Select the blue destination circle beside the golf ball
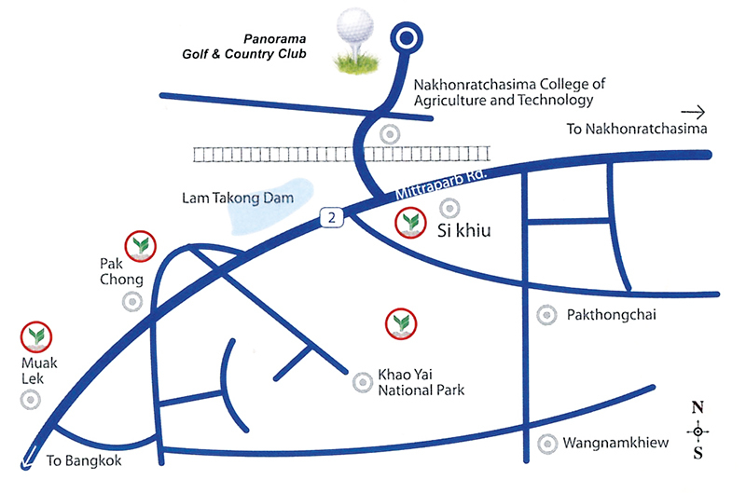point(406,37)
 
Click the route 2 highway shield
point(332,217)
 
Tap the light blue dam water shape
point(267,205)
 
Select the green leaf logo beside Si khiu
point(409,222)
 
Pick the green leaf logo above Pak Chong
point(141,245)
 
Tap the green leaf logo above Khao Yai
point(401,322)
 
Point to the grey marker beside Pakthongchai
point(545,316)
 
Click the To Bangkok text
point(85,461)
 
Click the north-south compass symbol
point(697,431)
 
